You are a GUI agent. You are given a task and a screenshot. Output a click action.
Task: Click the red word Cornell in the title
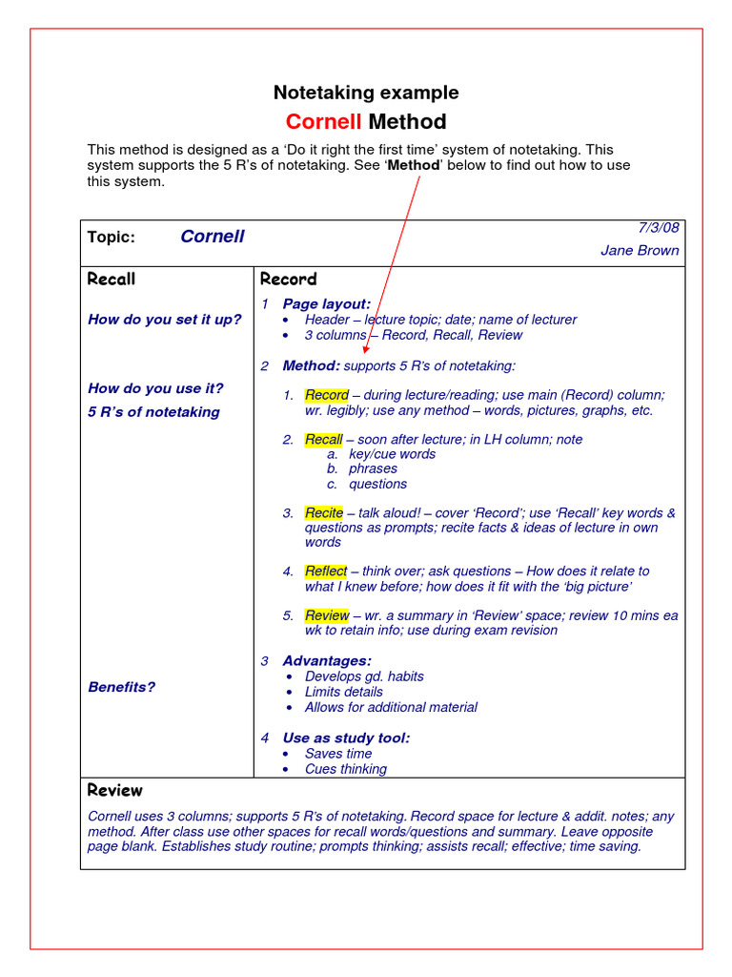tap(323, 122)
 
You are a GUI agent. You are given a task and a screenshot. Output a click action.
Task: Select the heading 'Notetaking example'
tap(366, 93)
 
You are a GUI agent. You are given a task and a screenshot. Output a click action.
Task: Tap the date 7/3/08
tap(658, 227)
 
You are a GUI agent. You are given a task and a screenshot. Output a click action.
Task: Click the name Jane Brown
tap(640, 251)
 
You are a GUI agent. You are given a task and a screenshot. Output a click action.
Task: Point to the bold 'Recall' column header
tap(112, 280)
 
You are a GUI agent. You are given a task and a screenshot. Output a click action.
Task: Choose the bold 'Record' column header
tap(288, 280)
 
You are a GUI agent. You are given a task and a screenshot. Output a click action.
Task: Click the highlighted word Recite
tap(323, 513)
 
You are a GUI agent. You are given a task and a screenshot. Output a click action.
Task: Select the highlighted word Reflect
tap(325, 572)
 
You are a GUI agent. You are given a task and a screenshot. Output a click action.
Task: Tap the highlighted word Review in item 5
tap(326, 615)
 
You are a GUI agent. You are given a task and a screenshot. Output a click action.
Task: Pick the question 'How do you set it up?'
tap(164, 320)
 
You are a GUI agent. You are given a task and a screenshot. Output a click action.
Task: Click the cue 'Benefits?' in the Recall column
tap(121, 687)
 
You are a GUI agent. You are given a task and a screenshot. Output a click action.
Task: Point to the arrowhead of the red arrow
tap(367, 350)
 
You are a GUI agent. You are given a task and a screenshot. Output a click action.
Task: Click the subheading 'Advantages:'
tap(326, 660)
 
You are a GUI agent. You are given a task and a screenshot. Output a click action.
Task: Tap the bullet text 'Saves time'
tap(337, 754)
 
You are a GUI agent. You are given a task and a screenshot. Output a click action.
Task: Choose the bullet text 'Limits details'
tap(343, 692)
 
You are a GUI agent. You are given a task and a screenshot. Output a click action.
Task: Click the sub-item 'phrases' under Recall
tap(373, 468)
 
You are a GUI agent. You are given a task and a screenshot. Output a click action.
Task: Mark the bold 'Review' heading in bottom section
tap(114, 791)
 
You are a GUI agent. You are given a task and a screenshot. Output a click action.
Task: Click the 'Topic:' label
tap(112, 238)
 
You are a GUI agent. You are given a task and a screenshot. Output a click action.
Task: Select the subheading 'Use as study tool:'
tap(346, 738)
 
